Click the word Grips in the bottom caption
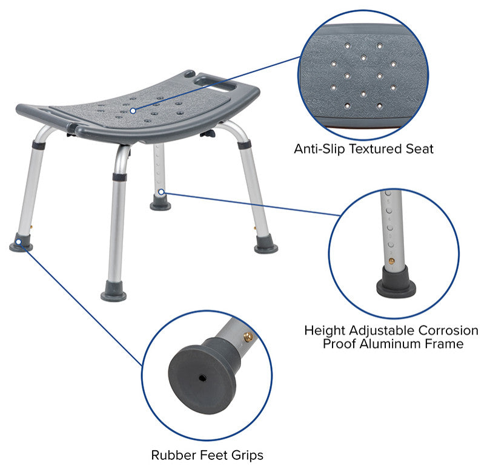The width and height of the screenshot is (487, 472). click(247, 456)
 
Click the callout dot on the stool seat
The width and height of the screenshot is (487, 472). click(133, 111)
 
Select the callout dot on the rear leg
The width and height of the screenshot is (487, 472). click(161, 192)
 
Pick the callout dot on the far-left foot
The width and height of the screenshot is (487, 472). click(19, 241)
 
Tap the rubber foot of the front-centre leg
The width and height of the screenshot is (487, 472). click(114, 291)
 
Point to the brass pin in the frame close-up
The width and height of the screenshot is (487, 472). click(391, 261)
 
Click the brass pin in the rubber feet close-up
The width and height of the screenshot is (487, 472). click(248, 337)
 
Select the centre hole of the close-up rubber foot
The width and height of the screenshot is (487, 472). click(202, 378)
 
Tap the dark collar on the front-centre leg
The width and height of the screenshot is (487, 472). click(119, 177)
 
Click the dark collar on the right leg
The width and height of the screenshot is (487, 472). click(245, 145)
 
